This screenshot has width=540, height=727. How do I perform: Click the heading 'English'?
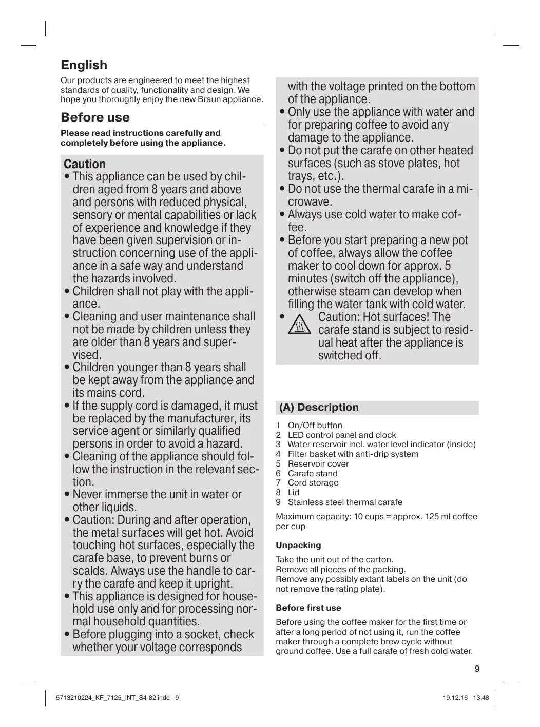tap(84, 65)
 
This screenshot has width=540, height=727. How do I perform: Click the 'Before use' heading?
tap(95, 117)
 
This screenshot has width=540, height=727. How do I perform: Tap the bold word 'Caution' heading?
tap(85, 164)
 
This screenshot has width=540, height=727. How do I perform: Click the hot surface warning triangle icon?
tap(299, 325)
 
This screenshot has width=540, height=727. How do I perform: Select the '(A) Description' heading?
tap(319, 408)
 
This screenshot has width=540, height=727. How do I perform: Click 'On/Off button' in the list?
tap(315, 425)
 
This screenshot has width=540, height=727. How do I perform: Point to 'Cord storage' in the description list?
tap(313, 482)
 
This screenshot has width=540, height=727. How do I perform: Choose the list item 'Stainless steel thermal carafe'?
tap(345, 502)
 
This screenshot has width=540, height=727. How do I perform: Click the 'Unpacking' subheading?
tap(298, 545)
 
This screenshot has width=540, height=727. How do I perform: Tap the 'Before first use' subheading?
tap(308, 608)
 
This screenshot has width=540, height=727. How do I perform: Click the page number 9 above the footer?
tap(477, 669)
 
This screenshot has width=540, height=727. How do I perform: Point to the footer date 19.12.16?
tap(455, 697)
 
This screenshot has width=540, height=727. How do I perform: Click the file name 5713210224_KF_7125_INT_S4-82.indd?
tap(113, 697)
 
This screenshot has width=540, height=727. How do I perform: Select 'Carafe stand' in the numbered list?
tap(313, 473)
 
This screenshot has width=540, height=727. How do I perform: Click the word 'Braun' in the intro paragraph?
tap(209, 99)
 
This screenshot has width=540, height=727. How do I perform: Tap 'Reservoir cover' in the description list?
tap(318, 463)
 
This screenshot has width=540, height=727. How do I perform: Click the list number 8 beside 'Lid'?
tap(278, 492)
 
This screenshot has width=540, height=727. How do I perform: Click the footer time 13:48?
tap(480, 697)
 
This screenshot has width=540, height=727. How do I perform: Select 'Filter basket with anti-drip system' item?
tap(353, 454)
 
